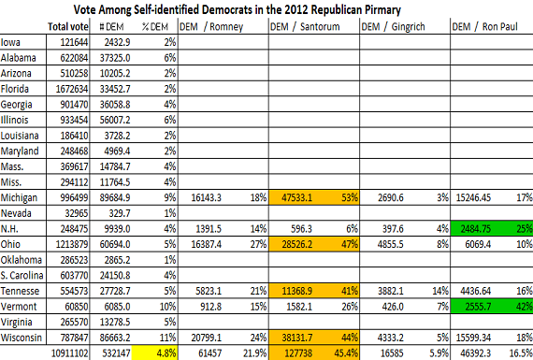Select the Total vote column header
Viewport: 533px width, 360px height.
click(68, 26)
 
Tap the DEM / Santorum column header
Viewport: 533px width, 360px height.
click(305, 26)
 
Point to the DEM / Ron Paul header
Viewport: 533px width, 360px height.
click(484, 26)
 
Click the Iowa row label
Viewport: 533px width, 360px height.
click(10, 42)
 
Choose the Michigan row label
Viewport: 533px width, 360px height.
click(19, 198)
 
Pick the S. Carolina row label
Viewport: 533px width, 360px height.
click(22, 275)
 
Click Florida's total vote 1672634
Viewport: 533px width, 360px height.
click(72, 89)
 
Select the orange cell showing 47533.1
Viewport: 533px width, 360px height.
click(296, 198)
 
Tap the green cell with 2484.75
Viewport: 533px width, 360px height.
click(476, 229)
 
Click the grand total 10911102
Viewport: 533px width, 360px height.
click(70, 353)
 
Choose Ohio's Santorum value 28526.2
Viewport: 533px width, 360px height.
click(296, 244)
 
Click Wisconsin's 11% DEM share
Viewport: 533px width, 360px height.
click(167, 338)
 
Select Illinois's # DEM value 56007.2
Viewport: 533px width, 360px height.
click(115, 120)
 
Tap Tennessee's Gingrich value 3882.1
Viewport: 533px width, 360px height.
click(391, 291)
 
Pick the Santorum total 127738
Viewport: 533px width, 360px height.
click(298, 353)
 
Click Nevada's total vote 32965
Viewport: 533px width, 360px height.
click(77, 213)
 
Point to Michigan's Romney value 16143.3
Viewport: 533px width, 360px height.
click(206, 198)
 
